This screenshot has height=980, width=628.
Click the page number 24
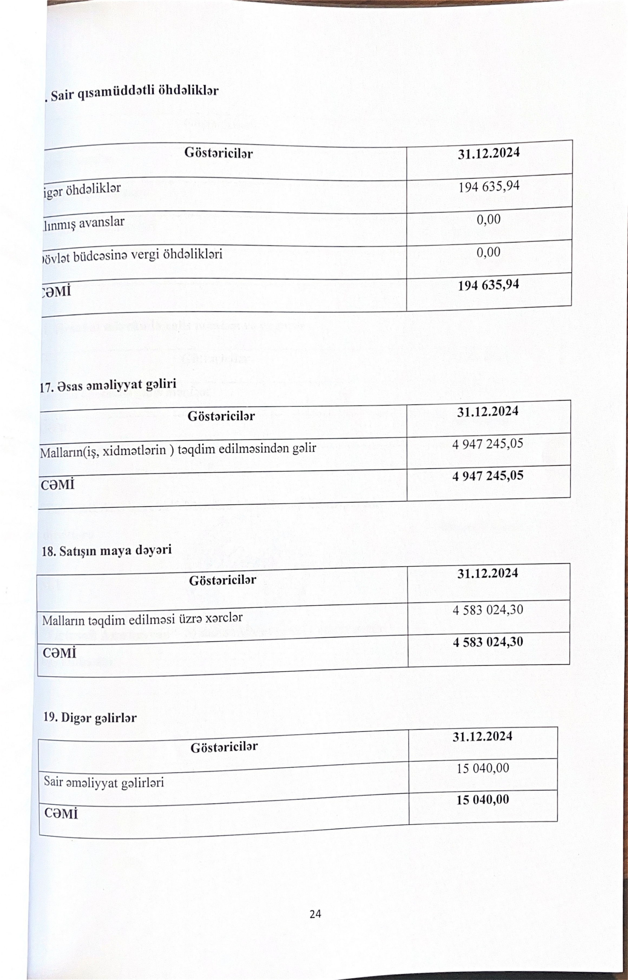[x=315, y=914]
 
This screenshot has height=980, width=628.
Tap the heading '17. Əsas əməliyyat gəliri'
[x=108, y=385]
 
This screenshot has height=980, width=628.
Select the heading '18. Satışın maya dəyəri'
[x=107, y=551]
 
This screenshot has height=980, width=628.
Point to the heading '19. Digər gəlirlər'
[x=90, y=718]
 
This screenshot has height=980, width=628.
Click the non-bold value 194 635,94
[x=489, y=187]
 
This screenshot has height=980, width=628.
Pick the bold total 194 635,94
[x=489, y=285]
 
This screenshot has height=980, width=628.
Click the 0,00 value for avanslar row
[x=489, y=220]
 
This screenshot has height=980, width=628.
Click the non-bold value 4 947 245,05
[x=488, y=443]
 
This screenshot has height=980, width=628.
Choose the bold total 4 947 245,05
[x=488, y=476]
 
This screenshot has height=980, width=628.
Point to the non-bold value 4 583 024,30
[x=488, y=610]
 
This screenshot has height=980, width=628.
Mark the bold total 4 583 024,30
[x=488, y=642]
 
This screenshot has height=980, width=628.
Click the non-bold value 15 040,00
[x=483, y=768]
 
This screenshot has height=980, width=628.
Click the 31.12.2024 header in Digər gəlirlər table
[x=482, y=736]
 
